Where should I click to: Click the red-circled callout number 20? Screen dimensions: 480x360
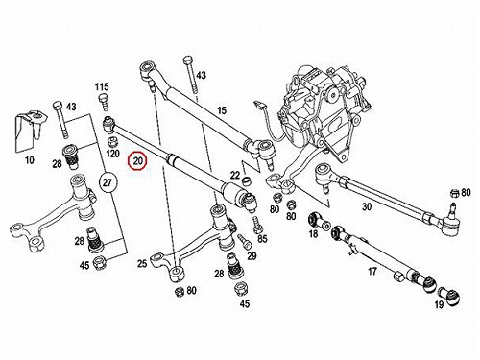(x=137, y=161)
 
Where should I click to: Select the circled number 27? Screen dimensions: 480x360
(x=108, y=182)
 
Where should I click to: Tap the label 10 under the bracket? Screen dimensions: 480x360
(x=30, y=159)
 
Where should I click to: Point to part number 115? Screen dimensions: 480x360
(x=102, y=86)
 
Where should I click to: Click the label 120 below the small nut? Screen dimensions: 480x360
(x=112, y=154)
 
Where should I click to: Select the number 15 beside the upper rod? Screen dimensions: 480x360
(x=222, y=110)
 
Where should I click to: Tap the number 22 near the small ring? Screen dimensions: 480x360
(x=235, y=175)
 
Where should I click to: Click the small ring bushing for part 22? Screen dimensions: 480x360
(x=246, y=181)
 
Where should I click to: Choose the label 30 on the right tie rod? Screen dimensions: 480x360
(x=367, y=206)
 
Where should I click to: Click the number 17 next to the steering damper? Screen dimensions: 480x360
(x=372, y=272)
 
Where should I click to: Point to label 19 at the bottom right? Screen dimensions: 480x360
(x=439, y=304)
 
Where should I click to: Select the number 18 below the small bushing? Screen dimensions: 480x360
(x=313, y=234)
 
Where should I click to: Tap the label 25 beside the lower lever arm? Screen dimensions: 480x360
(x=142, y=263)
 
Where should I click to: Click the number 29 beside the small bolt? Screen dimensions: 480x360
(x=252, y=255)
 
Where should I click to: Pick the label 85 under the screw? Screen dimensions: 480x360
(x=262, y=239)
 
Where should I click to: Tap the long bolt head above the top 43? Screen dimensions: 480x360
(x=188, y=60)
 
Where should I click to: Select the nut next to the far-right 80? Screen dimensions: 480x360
(x=454, y=193)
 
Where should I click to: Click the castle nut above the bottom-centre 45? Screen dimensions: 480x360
(x=242, y=289)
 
